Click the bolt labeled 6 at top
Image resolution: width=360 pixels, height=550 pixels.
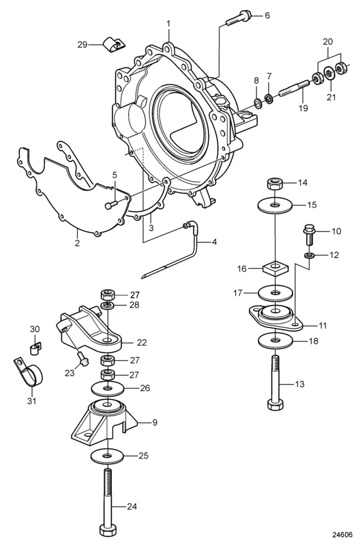(x=239, y=18)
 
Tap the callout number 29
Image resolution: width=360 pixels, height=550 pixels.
(x=82, y=45)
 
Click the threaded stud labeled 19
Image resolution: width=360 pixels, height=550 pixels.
(x=294, y=88)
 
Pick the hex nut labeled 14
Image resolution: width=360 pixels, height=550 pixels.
(x=274, y=183)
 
